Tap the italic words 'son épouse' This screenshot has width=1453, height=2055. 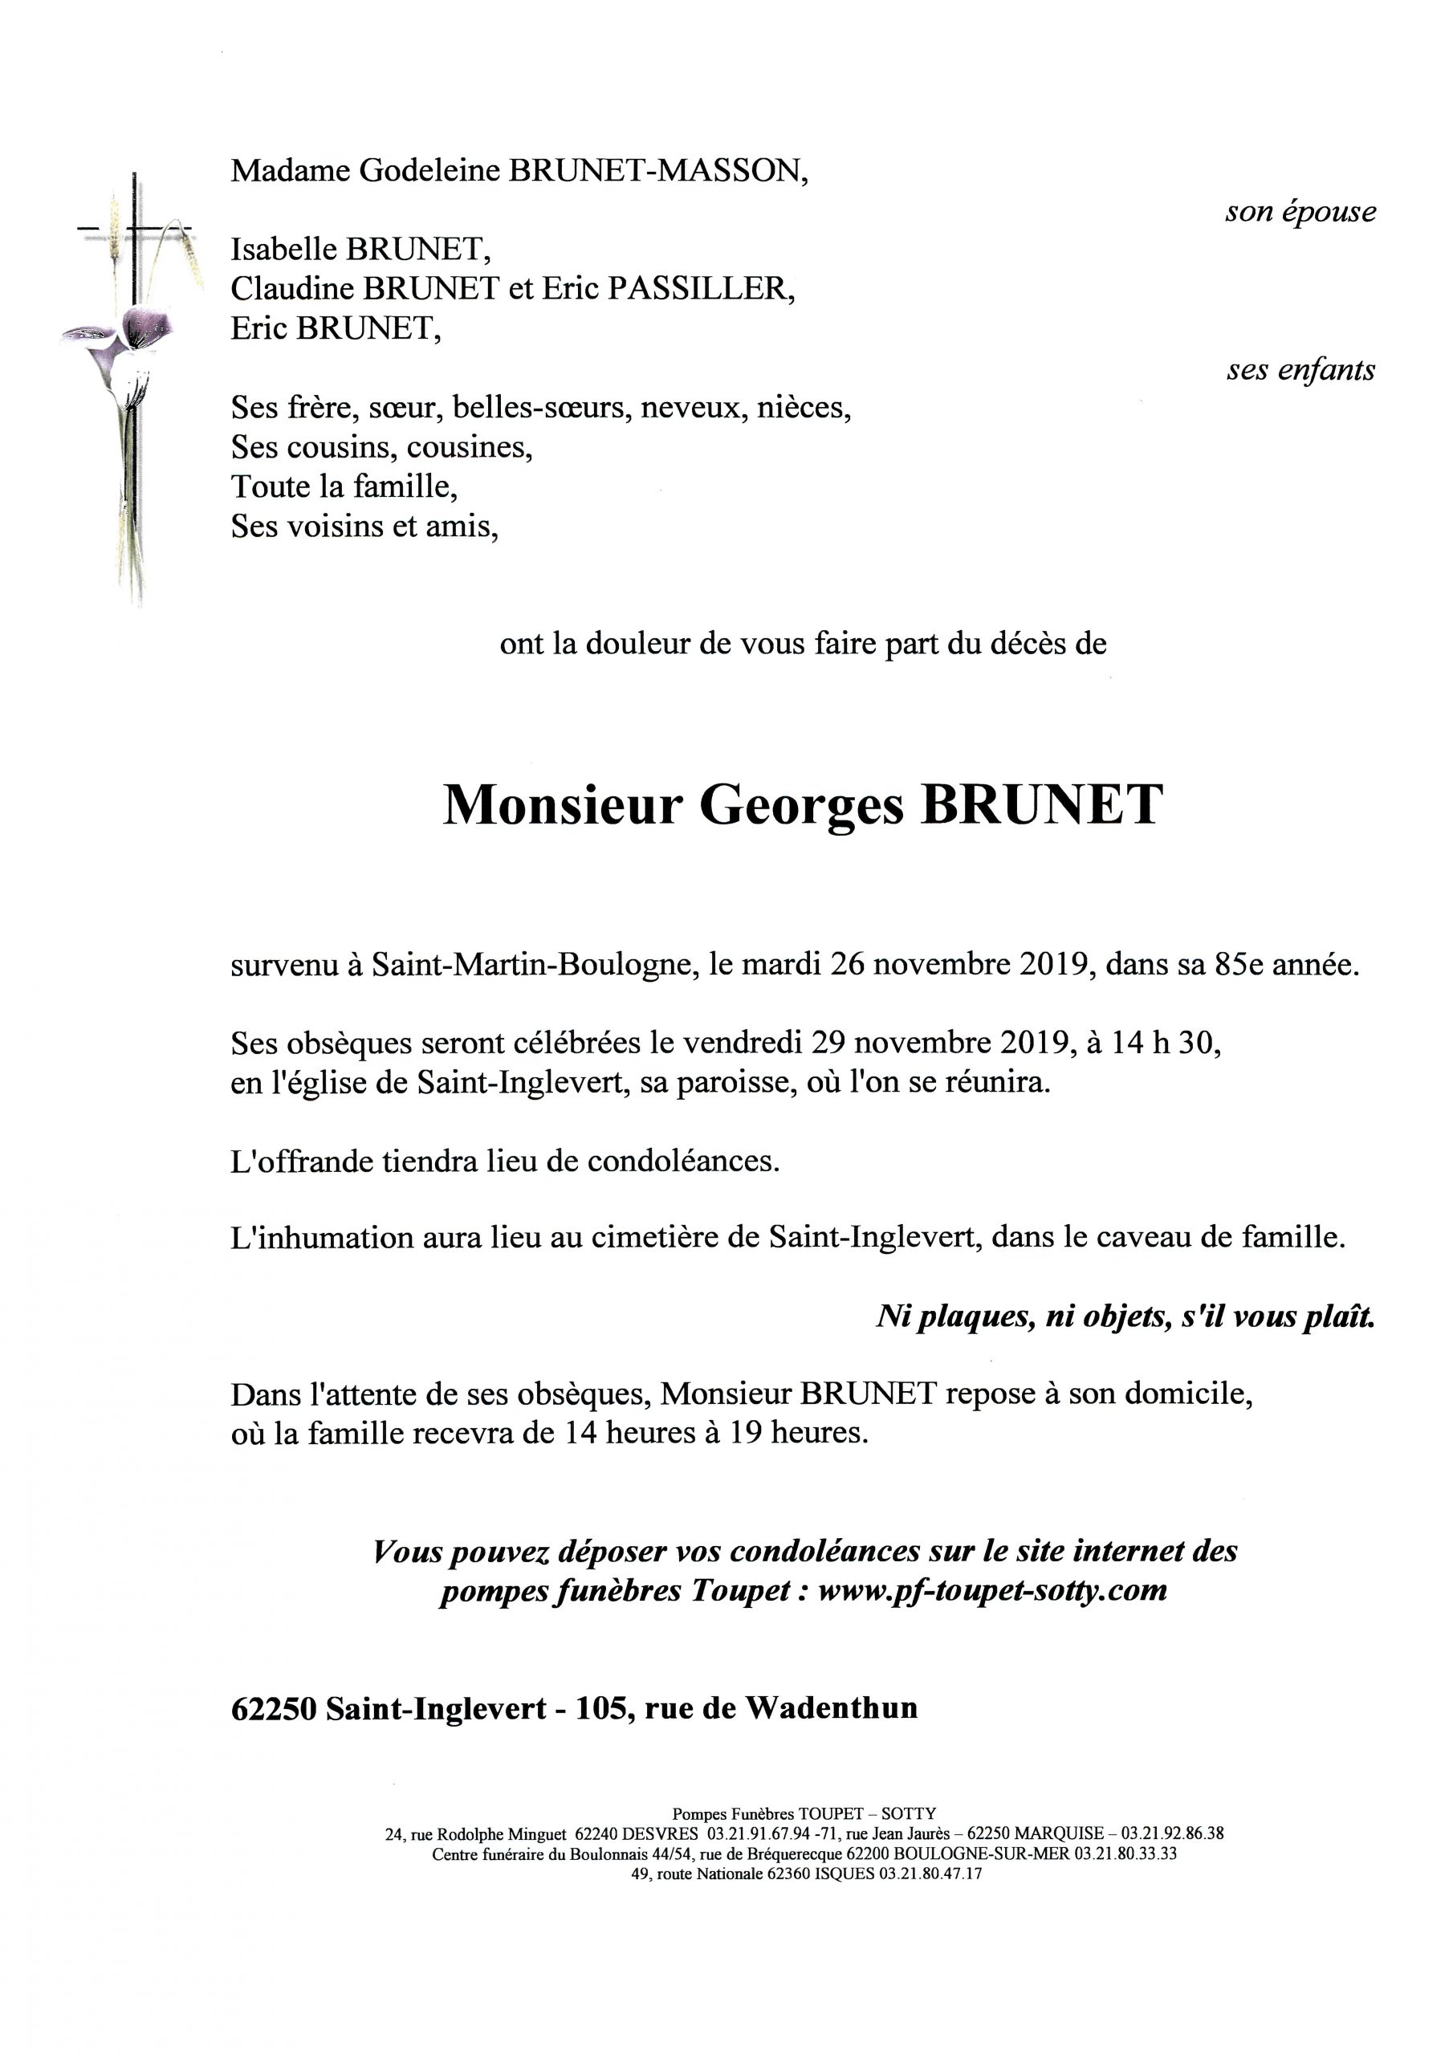1300,211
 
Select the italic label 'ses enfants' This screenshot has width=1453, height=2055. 1300,369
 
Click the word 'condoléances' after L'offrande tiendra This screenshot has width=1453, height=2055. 683,1161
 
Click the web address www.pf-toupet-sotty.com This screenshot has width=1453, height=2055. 992,1589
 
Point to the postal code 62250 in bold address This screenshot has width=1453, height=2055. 273,1709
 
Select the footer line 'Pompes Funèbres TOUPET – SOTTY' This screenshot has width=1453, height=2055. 804,1813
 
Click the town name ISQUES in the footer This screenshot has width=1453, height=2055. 844,1874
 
